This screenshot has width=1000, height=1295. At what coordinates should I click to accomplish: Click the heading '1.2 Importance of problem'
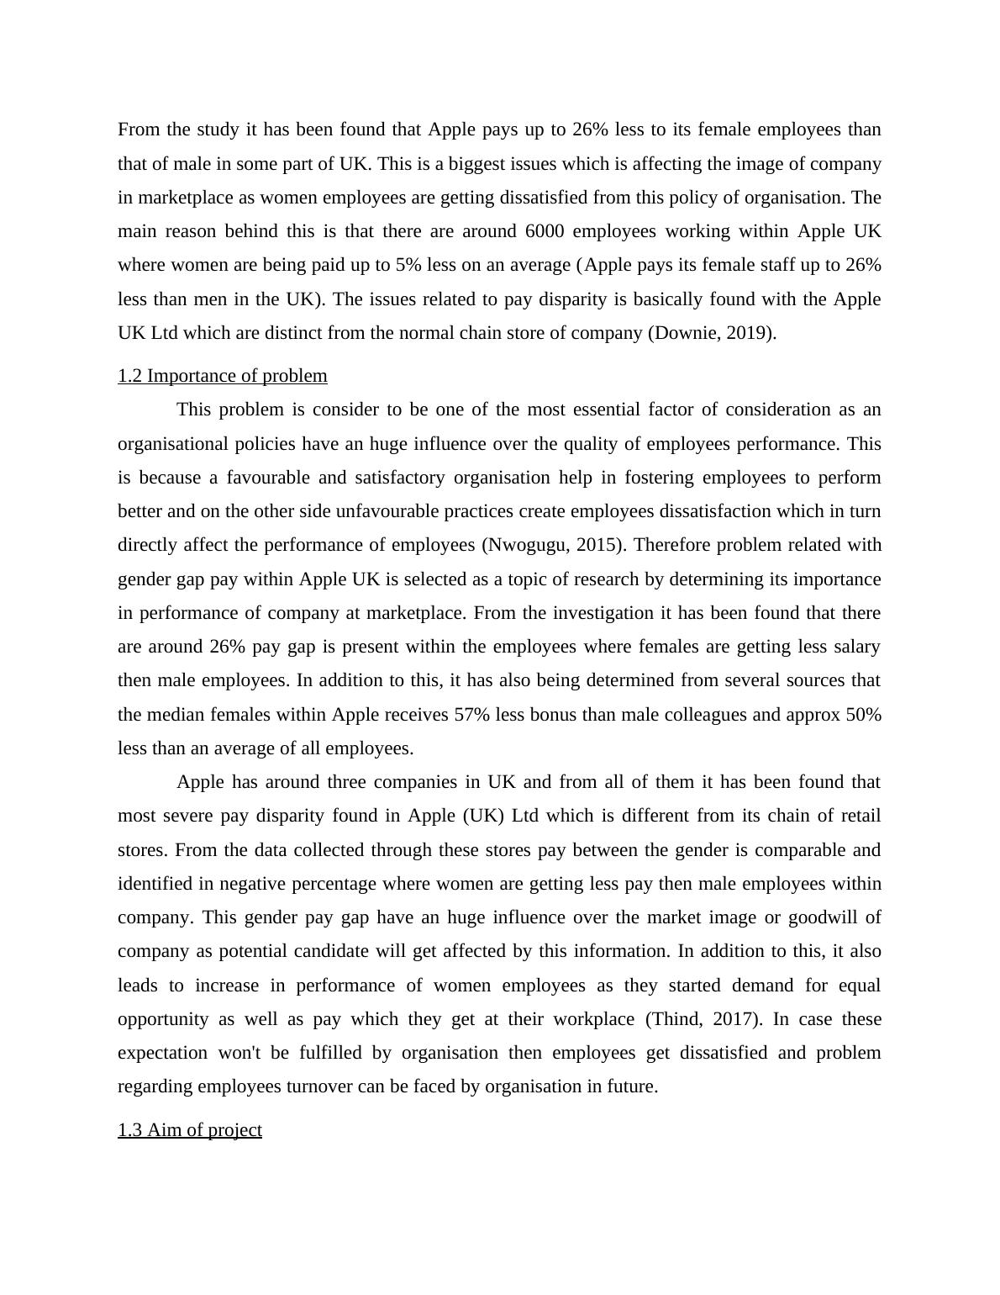(223, 376)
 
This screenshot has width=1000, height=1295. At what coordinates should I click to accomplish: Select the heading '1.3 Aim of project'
(190, 1129)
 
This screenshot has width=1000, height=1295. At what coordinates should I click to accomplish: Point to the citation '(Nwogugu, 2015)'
(554, 545)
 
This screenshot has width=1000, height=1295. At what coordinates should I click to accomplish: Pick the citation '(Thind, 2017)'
(703, 1019)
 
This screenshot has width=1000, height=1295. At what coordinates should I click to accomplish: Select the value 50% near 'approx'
(863, 715)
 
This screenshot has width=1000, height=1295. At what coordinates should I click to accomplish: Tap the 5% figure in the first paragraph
(408, 265)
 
